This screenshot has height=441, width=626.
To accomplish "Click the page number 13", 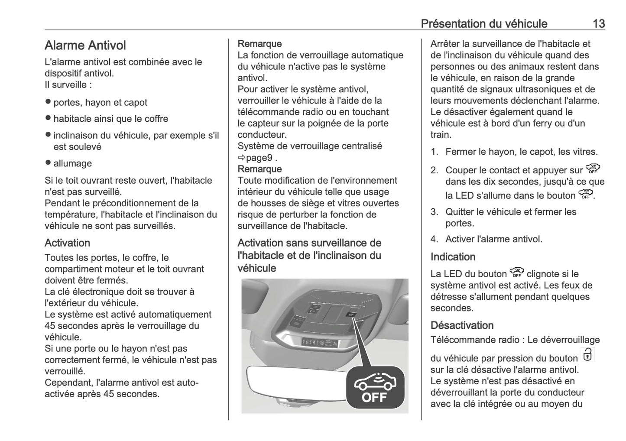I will (598, 23).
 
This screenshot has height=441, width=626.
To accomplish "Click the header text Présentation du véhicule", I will (484, 23).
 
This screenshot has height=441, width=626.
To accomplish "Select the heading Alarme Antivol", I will (85, 45).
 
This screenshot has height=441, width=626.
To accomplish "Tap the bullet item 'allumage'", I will (72, 163).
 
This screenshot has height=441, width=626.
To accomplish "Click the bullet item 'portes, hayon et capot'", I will (100, 103).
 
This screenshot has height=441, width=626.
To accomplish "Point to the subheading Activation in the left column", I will (67, 243).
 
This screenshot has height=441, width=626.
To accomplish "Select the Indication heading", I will (453, 257).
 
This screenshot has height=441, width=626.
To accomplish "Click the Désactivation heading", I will (462, 325).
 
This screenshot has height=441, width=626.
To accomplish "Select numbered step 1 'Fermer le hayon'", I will (521, 152).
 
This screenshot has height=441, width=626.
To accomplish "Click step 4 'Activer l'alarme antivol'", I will (493, 239).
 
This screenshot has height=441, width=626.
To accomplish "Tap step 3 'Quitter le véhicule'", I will (510, 212).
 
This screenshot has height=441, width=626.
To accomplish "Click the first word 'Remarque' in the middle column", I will (259, 44).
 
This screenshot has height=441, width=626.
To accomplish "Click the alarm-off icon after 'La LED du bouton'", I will (516, 273).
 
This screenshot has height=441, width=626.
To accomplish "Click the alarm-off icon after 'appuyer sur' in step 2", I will (593, 169).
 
